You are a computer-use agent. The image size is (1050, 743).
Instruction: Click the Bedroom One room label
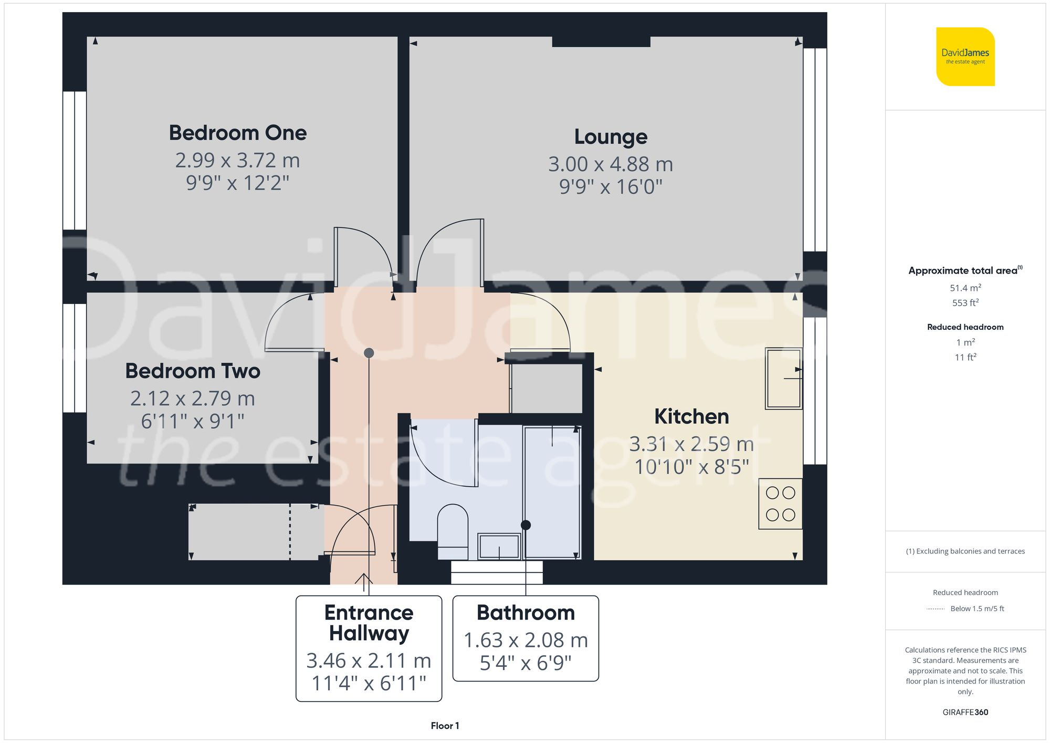tap(237, 133)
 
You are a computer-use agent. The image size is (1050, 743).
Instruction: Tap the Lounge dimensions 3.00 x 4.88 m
tap(611, 164)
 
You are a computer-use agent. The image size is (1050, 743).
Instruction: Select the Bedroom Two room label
tap(192, 371)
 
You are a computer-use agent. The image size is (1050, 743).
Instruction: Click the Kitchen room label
tap(691, 416)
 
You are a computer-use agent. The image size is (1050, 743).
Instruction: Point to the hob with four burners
tap(780, 504)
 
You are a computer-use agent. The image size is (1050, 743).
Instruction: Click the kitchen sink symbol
tap(783, 378)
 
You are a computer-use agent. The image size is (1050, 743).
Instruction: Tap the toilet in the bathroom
tap(453, 530)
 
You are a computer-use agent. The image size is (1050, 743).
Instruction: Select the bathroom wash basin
tap(498, 547)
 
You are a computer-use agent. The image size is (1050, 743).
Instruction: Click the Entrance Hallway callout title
tap(369, 623)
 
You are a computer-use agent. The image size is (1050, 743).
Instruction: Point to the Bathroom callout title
tap(526, 613)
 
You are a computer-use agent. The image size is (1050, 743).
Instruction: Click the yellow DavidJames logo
tap(965, 57)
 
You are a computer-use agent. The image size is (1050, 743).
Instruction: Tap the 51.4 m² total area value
tap(965, 288)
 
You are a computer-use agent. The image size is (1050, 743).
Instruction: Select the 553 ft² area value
tap(965, 303)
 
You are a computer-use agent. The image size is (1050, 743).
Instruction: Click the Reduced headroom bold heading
tap(965, 327)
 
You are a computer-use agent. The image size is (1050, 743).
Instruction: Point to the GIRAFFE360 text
tap(965, 713)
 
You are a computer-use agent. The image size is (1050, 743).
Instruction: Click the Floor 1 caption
tap(445, 726)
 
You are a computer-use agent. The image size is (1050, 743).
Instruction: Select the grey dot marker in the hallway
tap(369, 353)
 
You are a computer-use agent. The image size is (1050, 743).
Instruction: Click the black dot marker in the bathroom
tap(526, 525)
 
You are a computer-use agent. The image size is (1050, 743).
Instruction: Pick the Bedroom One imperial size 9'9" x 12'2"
tap(237, 183)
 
